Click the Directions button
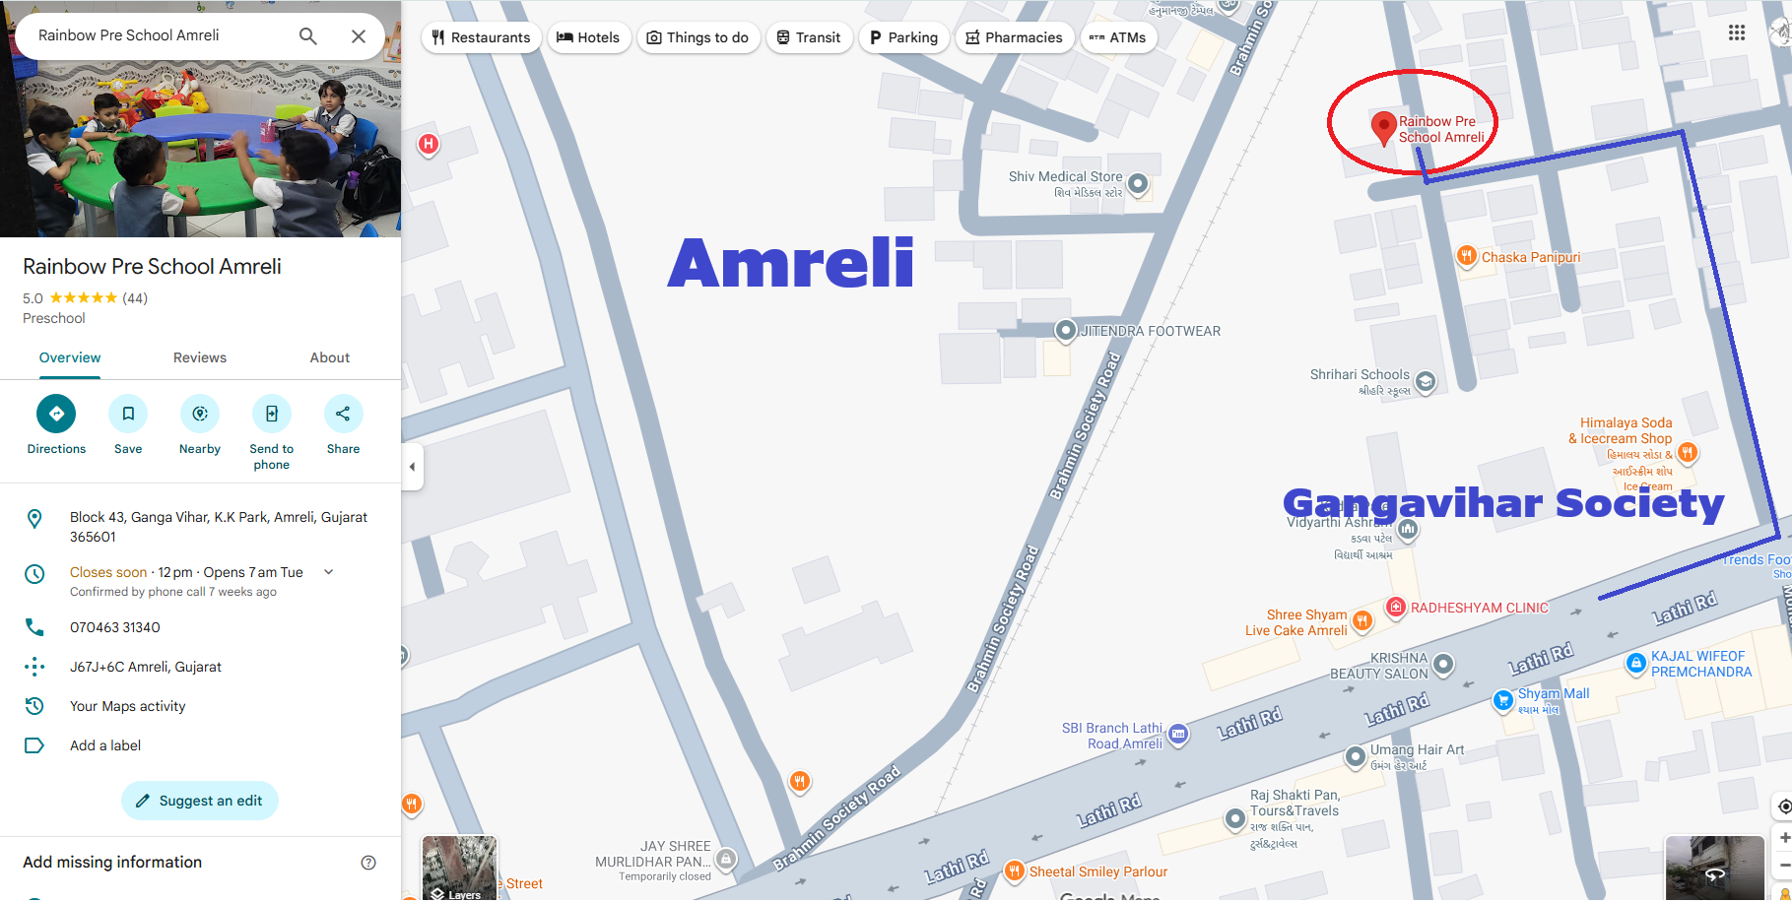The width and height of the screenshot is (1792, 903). pyautogui.click(x=56, y=415)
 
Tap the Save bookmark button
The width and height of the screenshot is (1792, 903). pyautogui.click(x=128, y=415)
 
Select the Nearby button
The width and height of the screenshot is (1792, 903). pyautogui.click(x=200, y=415)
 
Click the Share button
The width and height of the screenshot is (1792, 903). pyautogui.click(x=343, y=415)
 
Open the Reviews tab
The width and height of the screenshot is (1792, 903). pyautogui.click(x=200, y=357)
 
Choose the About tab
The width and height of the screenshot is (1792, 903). pyautogui.click(x=330, y=357)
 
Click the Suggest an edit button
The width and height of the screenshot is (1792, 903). pyautogui.click(x=200, y=801)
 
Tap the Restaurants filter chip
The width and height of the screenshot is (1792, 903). pyautogui.click(x=481, y=37)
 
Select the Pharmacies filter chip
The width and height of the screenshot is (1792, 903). pyautogui.click(x=1014, y=37)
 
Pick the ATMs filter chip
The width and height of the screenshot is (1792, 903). pyautogui.click(x=1118, y=37)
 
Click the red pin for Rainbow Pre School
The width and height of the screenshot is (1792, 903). pyautogui.click(x=1383, y=126)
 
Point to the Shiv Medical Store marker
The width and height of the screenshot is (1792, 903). pyautogui.click(x=1138, y=183)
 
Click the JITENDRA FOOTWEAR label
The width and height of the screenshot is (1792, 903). pyautogui.click(x=1151, y=331)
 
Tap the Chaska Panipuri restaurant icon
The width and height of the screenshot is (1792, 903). pyautogui.click(x=1467, y=256)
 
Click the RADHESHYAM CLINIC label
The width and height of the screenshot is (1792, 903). pyautogui.click(x=1479, y=608)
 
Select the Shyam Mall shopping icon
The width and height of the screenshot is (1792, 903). pyautogui.click(x=1503, y=700)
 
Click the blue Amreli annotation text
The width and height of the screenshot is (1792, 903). pyautogui.click(x=791, y=264)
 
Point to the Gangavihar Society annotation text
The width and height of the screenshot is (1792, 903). pyautogui.click(x=1503, y=503)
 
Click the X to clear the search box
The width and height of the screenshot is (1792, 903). pyautogui.click(x=359, y=36)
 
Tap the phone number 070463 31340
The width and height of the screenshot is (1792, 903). pyautogui.click(x=115, y=627)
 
